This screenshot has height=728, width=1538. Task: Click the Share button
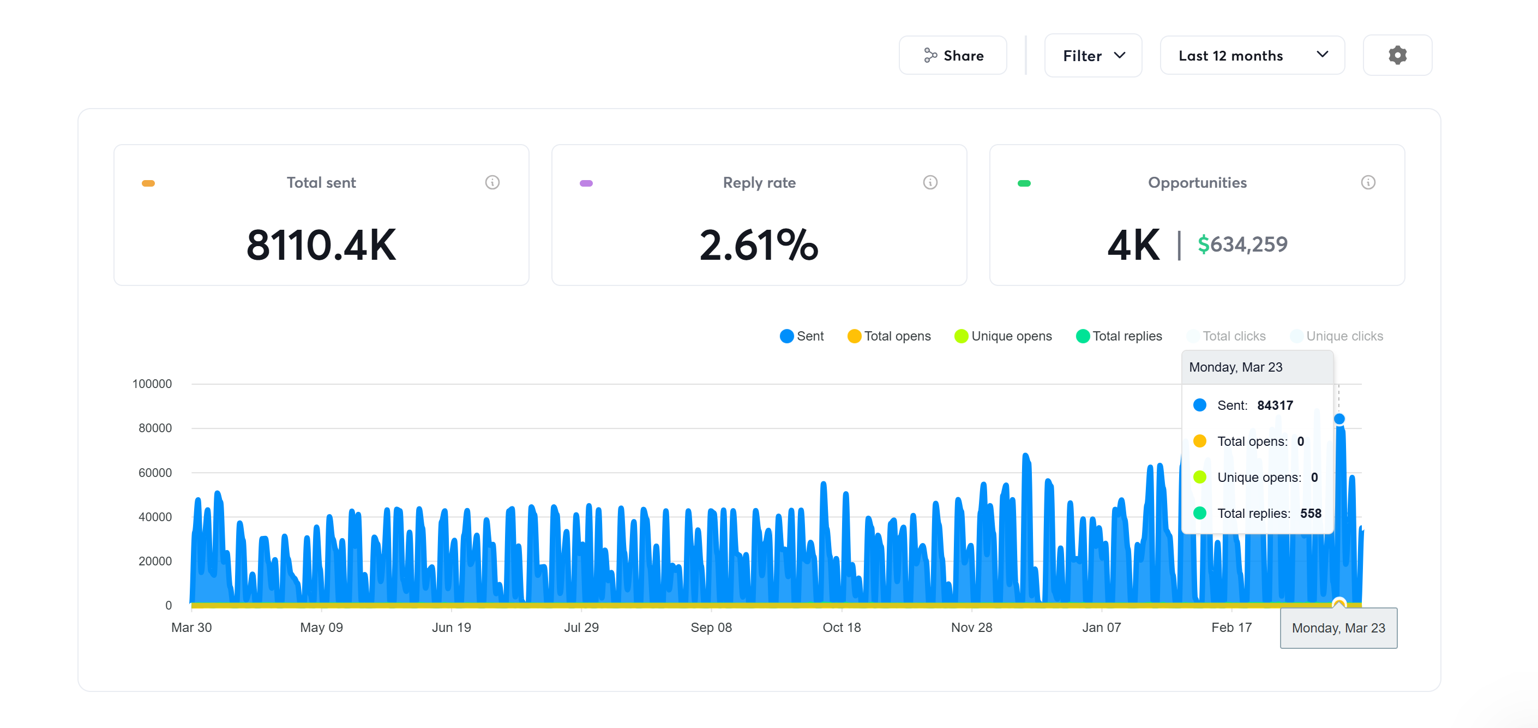pyautogui.click(x=952, y=56)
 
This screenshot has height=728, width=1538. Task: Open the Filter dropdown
pyautogui.click(x=1092, y=56)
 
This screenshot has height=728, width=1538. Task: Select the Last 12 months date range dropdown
pyautogui.click(x=1252, y=56)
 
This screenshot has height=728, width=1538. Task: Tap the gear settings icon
pyautogui.click(x=1397, y=56)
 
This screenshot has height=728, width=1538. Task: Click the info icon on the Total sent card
pyautogui.click(x=492, y=182)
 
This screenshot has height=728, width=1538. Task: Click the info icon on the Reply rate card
pyautogui.click(x=929, y=182)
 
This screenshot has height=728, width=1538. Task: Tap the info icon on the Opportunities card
pyautogui.click(x=1368, y=182)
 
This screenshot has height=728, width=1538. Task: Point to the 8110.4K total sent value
pyautogui.click(x=321, y=245)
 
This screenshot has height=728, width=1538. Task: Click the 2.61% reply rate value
pyautogui.click(x=759, y=245)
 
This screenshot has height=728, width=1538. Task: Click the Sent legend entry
pyautogui.click(x=802, y=336)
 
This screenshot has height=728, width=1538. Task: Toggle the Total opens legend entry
pyautogui.click(x=889, y=336)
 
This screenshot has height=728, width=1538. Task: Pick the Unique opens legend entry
pyautogui.click(x=1003, y=336)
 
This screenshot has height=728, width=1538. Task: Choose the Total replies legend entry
pyautogui.click(x=1119, y=336)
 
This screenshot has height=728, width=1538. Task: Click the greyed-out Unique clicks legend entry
pyautogui.click(x=1337, y=336)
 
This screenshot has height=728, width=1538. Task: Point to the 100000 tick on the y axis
pyautogui.click(x=152, y=384)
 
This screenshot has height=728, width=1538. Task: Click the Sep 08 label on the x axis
pyautogui.click(x=711, y=628)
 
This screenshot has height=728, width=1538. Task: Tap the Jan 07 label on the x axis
pyautogui.click(x=1102, y=628)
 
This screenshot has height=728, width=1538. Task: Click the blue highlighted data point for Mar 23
pyautogui.click(x=1339, y=419)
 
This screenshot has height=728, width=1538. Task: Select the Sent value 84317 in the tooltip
pyautogui.click(x=1275, y=405)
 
